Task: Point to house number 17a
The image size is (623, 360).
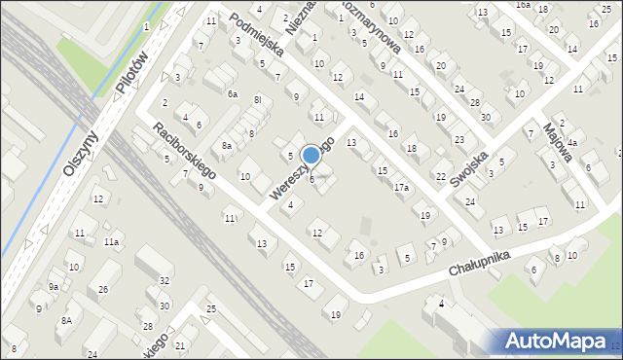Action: (x=401, y=188)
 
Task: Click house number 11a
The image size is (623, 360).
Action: (x=112, y=241)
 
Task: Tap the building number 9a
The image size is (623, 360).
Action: (x=54, y=287)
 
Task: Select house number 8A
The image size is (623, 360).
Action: (x=66, y=320)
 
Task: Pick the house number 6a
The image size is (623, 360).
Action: (x=232, y=94)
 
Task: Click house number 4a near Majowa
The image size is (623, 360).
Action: (x=573, y=143)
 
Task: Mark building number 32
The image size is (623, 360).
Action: (x=165, y=280)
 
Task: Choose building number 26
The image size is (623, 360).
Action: (x=103, y=290)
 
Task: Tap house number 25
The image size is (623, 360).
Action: (x=211, y=309)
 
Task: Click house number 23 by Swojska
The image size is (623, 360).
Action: (x=458, y=140)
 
